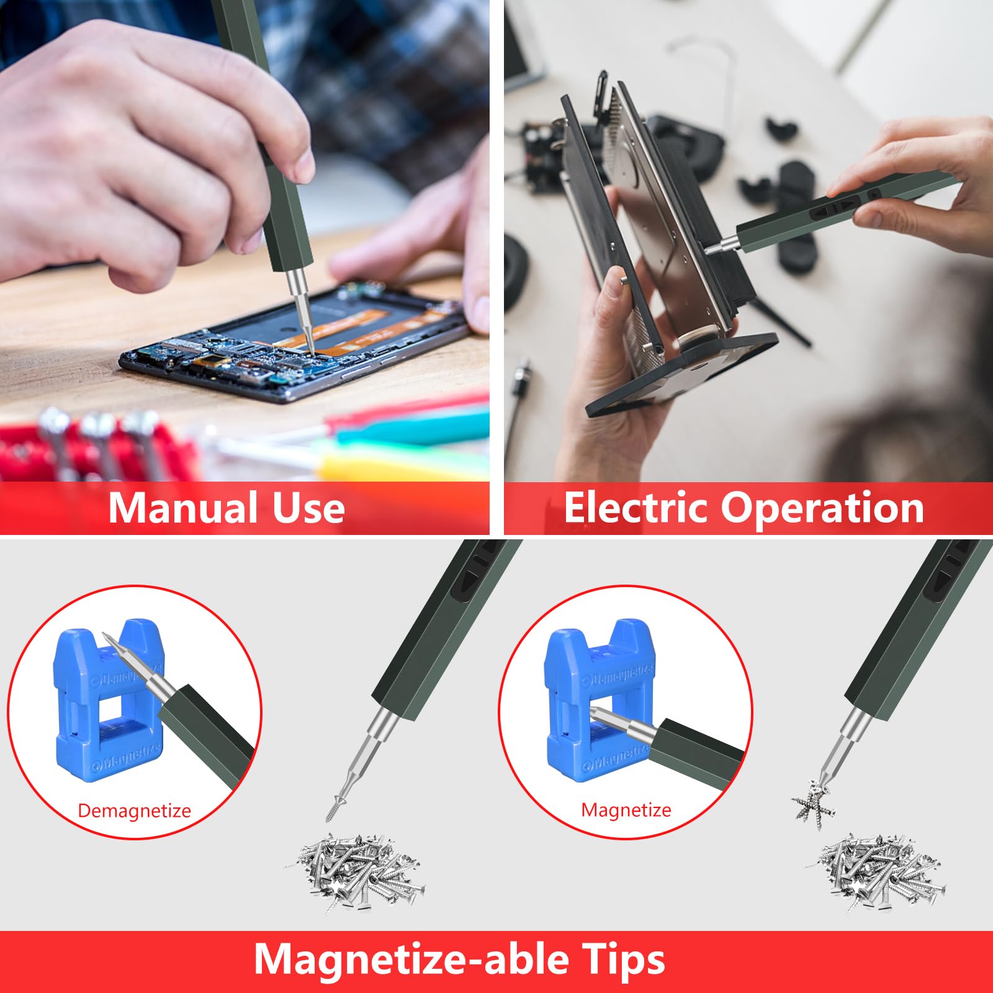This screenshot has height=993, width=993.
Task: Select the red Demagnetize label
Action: [134, 811]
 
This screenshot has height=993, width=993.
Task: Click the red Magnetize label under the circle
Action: [626, 810]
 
